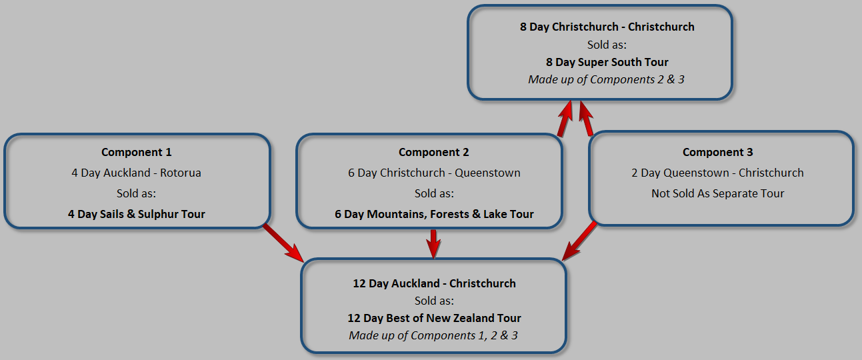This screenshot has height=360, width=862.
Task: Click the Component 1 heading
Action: point(136,152)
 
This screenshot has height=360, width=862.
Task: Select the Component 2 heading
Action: point(433,152)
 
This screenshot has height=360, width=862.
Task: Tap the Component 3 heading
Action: point(717,152)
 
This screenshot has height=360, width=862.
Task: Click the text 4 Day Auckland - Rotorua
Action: point(136,173)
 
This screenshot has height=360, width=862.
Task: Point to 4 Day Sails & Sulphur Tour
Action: point(136,214)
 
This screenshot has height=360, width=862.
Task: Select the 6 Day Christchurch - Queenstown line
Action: point(433,173)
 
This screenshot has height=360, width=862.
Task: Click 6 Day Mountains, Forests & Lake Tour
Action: point(433,214)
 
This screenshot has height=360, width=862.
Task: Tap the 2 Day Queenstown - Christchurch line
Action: point(717,173)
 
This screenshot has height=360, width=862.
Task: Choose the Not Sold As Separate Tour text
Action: point(717,193)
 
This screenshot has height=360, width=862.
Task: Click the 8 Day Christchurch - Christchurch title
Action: point(607,27)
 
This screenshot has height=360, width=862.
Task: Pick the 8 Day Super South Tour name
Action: point(607,62)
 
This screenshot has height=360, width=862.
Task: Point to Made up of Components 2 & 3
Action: point(606,79)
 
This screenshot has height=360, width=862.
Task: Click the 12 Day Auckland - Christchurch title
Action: point(434,283)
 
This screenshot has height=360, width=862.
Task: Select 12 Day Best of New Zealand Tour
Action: point(434,318)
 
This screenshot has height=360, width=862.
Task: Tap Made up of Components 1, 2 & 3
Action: point(433,335)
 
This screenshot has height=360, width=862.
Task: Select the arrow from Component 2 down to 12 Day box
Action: point(433,243)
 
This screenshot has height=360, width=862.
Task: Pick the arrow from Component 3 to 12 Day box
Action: point(579,241)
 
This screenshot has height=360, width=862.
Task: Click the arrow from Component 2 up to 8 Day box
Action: point(565,119)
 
